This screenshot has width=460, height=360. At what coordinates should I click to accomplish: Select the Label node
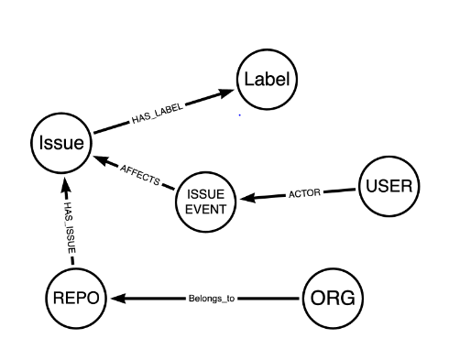pyautogui.click(x=266, y=80)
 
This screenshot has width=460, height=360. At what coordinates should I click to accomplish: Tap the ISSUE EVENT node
pyautogui.click(x=205, y=200)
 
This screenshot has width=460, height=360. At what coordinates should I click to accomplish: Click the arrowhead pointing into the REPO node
pyautogui.click(x=117, y=298)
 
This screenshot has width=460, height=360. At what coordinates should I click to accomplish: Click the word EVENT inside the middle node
pyautogui.click(x=205, y=208)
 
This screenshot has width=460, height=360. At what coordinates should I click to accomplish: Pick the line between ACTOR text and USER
pyautogui.click(x=338, y=191)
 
